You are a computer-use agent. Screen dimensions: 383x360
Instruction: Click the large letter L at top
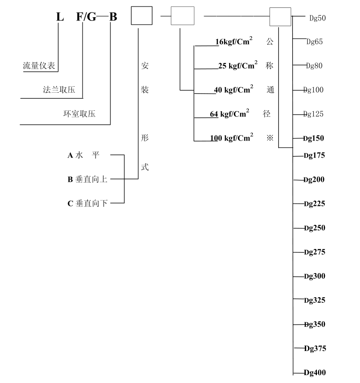(59, 18)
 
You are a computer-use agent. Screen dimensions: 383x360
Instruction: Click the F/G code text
(86, 18)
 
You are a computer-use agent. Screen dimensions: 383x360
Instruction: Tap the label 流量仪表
(39, 66)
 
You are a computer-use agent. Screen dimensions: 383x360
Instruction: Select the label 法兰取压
(59, 90)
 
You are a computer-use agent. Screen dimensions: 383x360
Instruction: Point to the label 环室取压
(79, 114)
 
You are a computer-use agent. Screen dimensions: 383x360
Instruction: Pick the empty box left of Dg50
(280, 17)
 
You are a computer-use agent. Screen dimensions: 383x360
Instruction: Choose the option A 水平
(84, 155)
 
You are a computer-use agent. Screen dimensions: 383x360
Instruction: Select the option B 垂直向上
(88, 179)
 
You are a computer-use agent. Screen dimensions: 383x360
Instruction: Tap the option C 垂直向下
(88, 203)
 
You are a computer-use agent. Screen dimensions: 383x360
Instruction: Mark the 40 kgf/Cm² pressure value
(233, 90)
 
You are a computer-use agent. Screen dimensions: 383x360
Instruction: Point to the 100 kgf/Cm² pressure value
(231, 138)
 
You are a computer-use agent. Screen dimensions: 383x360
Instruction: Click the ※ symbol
(270, 138)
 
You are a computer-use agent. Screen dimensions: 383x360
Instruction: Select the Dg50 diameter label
(317, 19)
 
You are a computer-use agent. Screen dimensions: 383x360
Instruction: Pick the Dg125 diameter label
(313, 114)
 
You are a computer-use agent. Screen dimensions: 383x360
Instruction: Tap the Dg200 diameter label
(314, 180)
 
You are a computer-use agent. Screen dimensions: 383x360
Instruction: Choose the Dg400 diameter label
(315, 372)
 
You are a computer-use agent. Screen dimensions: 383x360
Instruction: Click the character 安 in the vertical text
(145, 66)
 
